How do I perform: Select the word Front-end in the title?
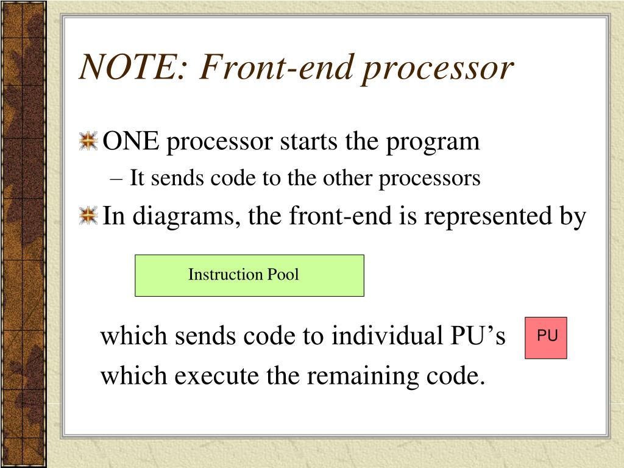(267, 68)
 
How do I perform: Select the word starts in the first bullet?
(308, 143)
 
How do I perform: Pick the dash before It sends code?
(118, 179)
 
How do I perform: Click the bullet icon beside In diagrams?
(89, 215)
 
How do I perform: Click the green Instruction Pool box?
(249, 275)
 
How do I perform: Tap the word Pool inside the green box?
(282, 274)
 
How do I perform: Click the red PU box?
(546, 337)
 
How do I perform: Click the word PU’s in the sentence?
(477, 336)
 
